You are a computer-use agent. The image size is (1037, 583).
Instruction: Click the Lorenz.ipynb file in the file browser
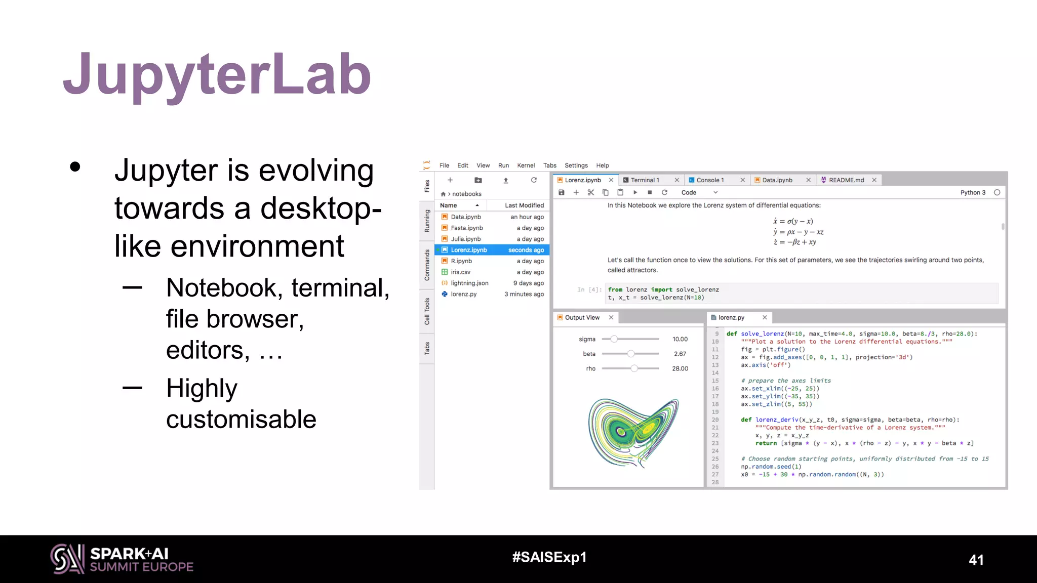[x=468, y=250]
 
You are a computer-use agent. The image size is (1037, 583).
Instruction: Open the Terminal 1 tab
[x=645, y=180]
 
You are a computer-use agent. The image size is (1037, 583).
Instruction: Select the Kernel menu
[x=526, y=165]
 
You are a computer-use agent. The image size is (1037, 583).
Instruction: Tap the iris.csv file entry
[x=460, y=272]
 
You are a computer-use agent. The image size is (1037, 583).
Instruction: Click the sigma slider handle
[x=614, y=339]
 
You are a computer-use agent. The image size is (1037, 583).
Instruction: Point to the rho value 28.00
[x=680, y=368]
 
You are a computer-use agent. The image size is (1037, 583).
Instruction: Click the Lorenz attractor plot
[x=633, y=433]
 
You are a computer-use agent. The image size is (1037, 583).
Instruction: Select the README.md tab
[x=846, y=180]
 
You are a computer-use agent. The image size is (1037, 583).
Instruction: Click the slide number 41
[x=976, y=560]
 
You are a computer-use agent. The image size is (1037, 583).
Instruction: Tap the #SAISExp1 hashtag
[x=549, y=557]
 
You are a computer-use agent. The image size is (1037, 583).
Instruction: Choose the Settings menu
[x=576, y=165]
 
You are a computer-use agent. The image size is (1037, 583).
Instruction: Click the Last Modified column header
[x=524, y=205]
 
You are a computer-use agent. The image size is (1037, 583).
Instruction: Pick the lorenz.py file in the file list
[x=463, y=294]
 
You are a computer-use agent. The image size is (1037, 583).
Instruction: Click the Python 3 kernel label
[x=973, y=192]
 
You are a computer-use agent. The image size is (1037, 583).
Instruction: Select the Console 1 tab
[x=710, y=180]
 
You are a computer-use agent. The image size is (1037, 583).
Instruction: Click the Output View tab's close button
[x=611, y=317]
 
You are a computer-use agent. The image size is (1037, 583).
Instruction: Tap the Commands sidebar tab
[x=427, y=265]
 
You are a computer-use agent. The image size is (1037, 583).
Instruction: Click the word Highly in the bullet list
[x=202, y=388]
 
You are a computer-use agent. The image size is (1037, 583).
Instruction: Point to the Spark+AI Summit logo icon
[x=67, y=559]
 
